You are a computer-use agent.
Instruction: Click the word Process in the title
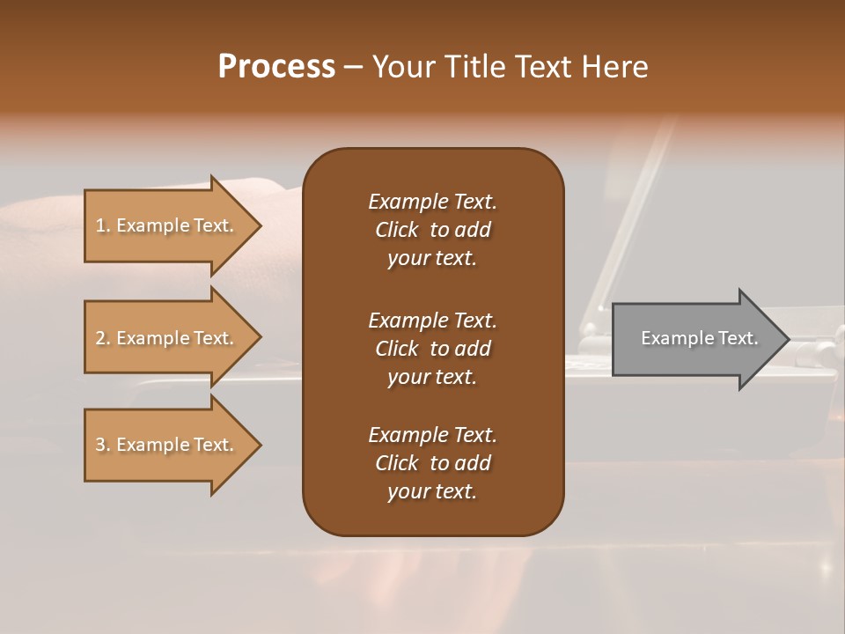click(276, 67)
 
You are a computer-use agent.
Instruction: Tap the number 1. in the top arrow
click(103, 225)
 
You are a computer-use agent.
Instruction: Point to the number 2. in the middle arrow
click(103, 338)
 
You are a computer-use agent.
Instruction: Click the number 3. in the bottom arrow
click(103, 445)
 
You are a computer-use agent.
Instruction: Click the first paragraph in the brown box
click(432, 230)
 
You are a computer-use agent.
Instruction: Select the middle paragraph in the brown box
click(432, 348)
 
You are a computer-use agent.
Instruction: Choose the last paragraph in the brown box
click(432, 463)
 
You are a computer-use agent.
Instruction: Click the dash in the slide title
click(353, 68)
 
